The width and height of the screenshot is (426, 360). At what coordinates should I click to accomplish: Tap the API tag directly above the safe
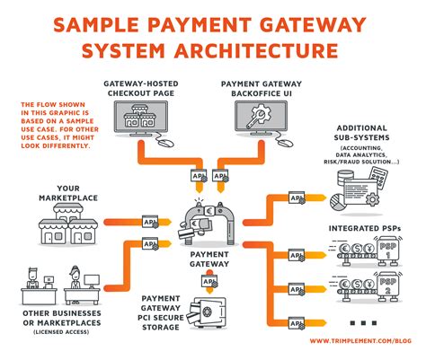point(209,281)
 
